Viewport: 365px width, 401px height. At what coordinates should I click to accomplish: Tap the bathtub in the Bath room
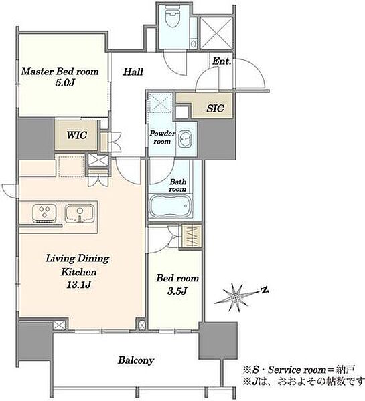coord(171,206)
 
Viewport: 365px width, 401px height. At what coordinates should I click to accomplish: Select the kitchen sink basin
coord(80,213)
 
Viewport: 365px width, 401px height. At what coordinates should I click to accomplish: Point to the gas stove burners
coord(45,213)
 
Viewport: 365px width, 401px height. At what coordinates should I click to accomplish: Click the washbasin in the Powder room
coord(185,140)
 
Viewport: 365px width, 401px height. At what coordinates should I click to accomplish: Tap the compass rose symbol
coord(236,297)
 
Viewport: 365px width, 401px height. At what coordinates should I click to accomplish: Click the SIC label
coord(215,108)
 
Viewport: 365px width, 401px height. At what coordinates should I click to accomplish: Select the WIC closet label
coord(76,135)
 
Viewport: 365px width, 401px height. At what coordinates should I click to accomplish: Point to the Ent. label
coord(222,61)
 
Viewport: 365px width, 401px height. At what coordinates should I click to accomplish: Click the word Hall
coord(133,72)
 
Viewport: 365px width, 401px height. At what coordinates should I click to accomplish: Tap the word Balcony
coord(136,360)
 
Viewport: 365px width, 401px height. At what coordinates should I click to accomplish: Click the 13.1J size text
coord(79,285)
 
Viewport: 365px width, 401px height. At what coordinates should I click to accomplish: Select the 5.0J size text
coord(65,82)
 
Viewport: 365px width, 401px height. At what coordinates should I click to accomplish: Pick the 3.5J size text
coord(177,291)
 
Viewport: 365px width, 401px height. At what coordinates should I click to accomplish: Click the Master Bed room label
coord(60,71)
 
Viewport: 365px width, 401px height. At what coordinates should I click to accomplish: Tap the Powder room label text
coord(163,137)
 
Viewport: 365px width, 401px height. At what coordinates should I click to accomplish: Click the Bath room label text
coord(177,186)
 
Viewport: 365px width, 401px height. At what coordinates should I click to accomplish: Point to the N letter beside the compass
coord(265,290)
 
